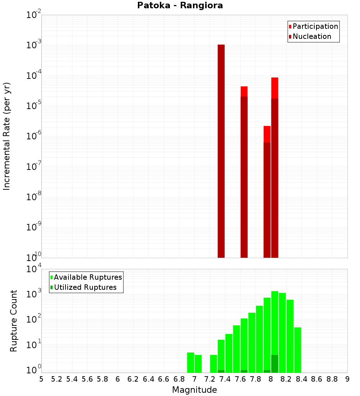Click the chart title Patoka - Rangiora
coord(180,6)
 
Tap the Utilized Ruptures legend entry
coord(85,287)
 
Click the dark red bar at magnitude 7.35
coord(221,151)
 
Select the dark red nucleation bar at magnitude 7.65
coord(244,176)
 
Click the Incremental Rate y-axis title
coord(6,136)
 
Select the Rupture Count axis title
coord(14,320)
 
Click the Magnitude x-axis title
coord(194,390)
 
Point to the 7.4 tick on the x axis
coord(225,379)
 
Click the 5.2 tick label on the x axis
coord(57,379)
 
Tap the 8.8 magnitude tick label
coord(332,379)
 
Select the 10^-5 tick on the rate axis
coord(33,105)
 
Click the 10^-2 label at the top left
coord(33,15)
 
